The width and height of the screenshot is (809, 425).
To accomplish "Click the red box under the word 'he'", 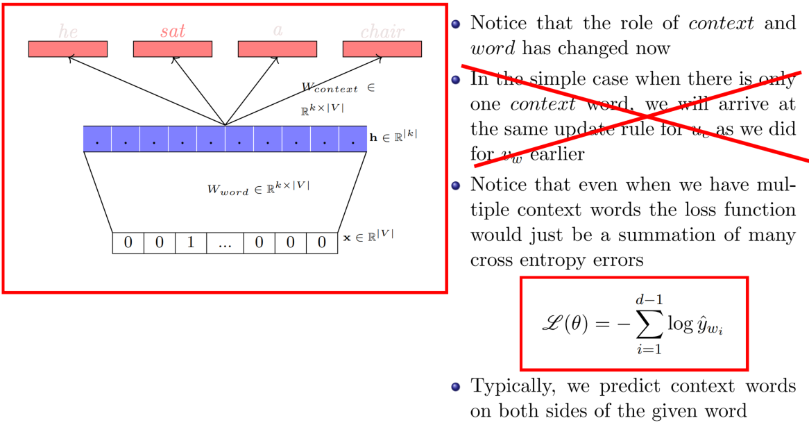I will click(67, 49).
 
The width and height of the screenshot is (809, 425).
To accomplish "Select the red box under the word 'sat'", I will click(172, 49).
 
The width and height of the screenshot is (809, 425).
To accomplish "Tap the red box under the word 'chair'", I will click(382, 49).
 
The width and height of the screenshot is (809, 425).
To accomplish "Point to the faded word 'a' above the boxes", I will click(278, 31).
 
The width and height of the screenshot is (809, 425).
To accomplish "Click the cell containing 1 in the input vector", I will click(190, 243).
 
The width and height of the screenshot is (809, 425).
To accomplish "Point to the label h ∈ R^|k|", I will click(393, 137).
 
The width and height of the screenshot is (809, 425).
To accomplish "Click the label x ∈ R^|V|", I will click(368, 237).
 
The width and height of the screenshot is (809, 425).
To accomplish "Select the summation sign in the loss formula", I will click(649, 324).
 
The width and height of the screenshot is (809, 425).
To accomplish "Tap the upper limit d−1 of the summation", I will click(649, 298).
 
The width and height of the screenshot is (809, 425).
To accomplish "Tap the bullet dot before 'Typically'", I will click(455, 386).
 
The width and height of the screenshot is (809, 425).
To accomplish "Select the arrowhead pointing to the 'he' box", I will click(69, 60).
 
